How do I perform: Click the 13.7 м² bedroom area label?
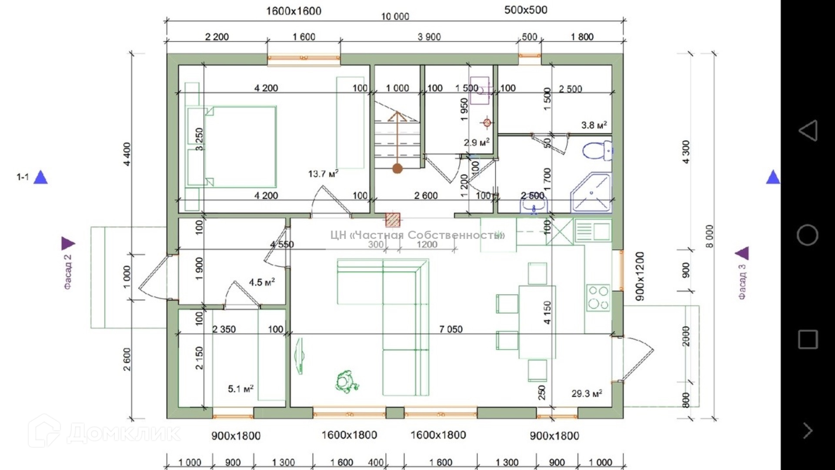[x=323, y=174]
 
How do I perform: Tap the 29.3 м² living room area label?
[x=586, y=393]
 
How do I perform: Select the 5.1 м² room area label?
[x=240, y=388]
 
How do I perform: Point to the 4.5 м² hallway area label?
[x=261, y=282]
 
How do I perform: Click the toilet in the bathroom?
[x=597, y=151]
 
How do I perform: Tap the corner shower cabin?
[x=592, y=193]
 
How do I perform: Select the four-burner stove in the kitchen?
[x=598, y=298]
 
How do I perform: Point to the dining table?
[x=537, y=322]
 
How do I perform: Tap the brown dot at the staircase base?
[x=397, y=168]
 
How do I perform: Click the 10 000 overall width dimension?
[x=395, y=17]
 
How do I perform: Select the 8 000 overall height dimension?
[x=709, y=236]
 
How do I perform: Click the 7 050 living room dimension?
[x=451, y=329]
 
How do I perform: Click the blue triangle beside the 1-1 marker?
[x=41, y=177]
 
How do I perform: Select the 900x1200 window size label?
[x=640, y=276]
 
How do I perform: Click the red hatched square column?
[x=393, y=219]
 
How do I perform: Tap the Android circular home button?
[x=807, y=235]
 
